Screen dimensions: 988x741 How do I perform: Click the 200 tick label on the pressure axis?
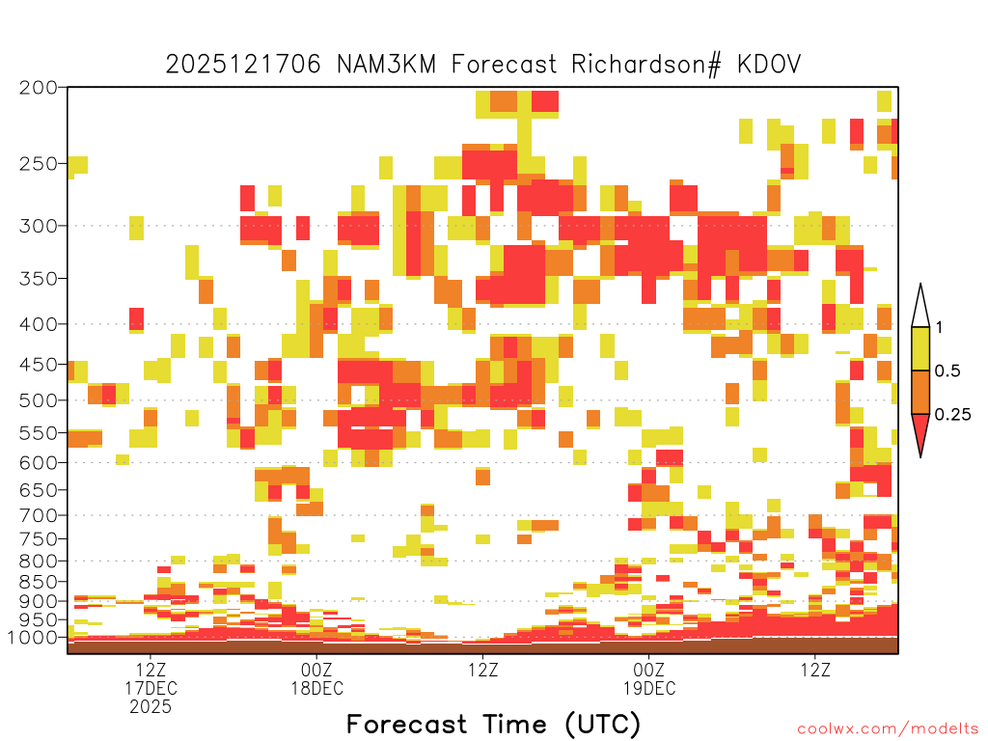click(39, 88)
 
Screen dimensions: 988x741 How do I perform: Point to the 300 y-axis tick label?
click(39, 226)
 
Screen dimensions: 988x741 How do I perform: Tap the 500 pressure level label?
click(39, 400)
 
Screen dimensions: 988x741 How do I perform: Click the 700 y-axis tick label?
click(39, 515)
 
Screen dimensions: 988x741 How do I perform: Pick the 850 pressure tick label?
click(39, 582)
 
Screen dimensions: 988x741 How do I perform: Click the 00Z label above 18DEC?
click(316, 670)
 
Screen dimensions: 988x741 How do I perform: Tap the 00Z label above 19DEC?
click(649, 670)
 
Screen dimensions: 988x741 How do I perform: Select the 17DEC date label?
click(151, 688)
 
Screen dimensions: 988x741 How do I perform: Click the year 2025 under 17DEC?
click(151, 707)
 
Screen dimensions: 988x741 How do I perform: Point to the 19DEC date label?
click(649, 688)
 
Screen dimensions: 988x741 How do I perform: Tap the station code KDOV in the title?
click(769, 65)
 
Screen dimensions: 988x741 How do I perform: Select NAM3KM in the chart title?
click(386, 65)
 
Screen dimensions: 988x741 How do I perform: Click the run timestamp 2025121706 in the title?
click(243, 65)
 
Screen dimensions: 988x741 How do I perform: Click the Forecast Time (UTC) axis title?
click(493, 724)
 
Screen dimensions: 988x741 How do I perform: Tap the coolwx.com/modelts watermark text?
click(888, 729)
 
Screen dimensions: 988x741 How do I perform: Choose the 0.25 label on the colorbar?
click(952, 415)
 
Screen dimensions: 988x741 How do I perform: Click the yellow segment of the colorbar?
click(920, 348)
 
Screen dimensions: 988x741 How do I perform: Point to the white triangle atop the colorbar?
click(920, 309)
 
